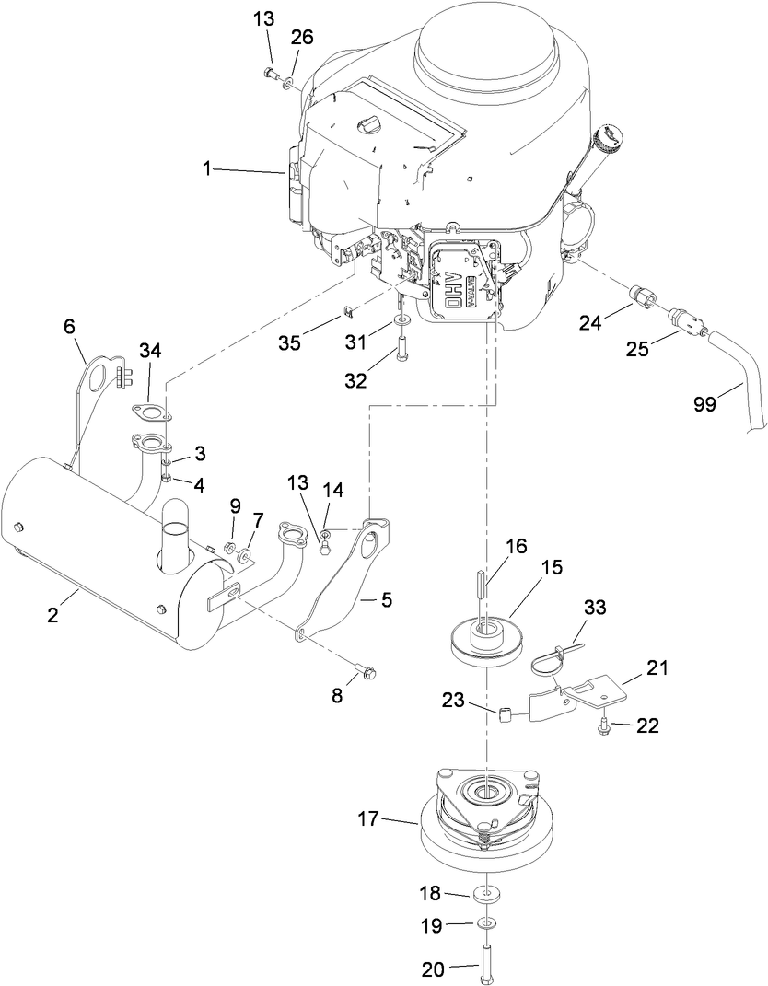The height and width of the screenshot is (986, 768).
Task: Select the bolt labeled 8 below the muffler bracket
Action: pyautogui.click(x=367, y=671)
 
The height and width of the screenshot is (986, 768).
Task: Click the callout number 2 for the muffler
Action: pyautogui.click(x=53, y=615)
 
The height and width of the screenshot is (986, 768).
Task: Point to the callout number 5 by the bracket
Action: pyautogui.click(x=386, y=600)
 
